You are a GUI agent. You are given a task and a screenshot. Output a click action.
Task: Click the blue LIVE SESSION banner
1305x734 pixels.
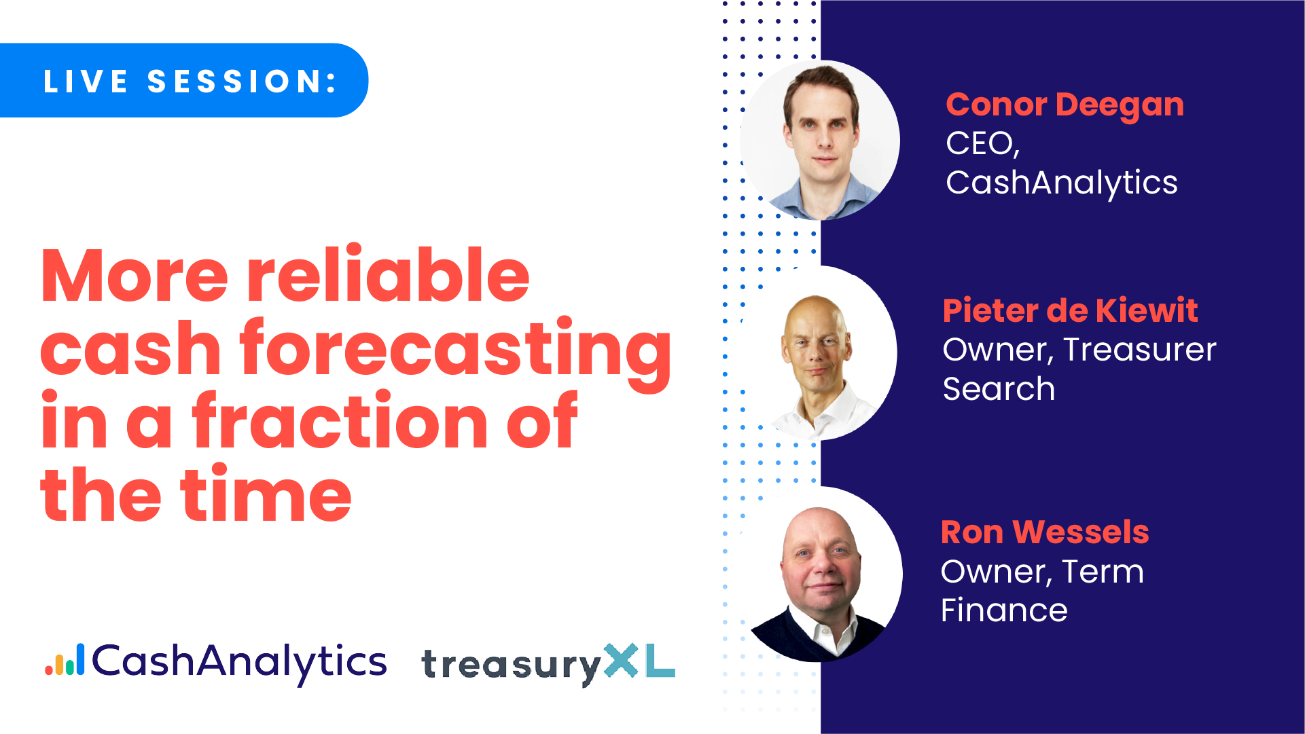[x=183, y=80]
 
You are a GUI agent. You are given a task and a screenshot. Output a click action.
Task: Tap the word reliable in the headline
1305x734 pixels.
[x=388, y=275]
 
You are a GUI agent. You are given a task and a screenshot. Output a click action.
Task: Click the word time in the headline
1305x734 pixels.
[x=266, y=494]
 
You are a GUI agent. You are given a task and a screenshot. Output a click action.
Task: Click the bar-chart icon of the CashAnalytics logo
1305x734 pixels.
[x=65, y=660]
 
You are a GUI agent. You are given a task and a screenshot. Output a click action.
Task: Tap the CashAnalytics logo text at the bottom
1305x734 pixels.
[x=239, y=663]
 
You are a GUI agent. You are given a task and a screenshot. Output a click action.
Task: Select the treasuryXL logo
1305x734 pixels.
[x=548, y=663]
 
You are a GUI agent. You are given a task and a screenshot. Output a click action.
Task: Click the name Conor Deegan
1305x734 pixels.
[x=1065, y=106]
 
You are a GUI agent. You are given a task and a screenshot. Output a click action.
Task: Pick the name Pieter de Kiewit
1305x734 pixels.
[x=1070, y=310]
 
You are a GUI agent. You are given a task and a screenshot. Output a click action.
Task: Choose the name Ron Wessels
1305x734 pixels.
[x=1045, y=532]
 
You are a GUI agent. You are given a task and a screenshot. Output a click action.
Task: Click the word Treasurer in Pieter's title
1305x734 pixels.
[x=1140, y=350]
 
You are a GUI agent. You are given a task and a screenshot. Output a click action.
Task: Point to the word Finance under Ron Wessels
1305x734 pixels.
[x=1004, y=610]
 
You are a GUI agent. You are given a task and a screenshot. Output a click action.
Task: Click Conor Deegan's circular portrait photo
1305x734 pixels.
[x=820, y=141]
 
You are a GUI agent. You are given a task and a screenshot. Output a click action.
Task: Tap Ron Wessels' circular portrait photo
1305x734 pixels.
[x=821, y=574]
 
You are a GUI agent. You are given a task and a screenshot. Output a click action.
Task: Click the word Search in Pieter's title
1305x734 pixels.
[x=999, y=389]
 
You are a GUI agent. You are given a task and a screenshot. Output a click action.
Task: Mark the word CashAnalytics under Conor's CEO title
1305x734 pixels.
[x=1062, y=183]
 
